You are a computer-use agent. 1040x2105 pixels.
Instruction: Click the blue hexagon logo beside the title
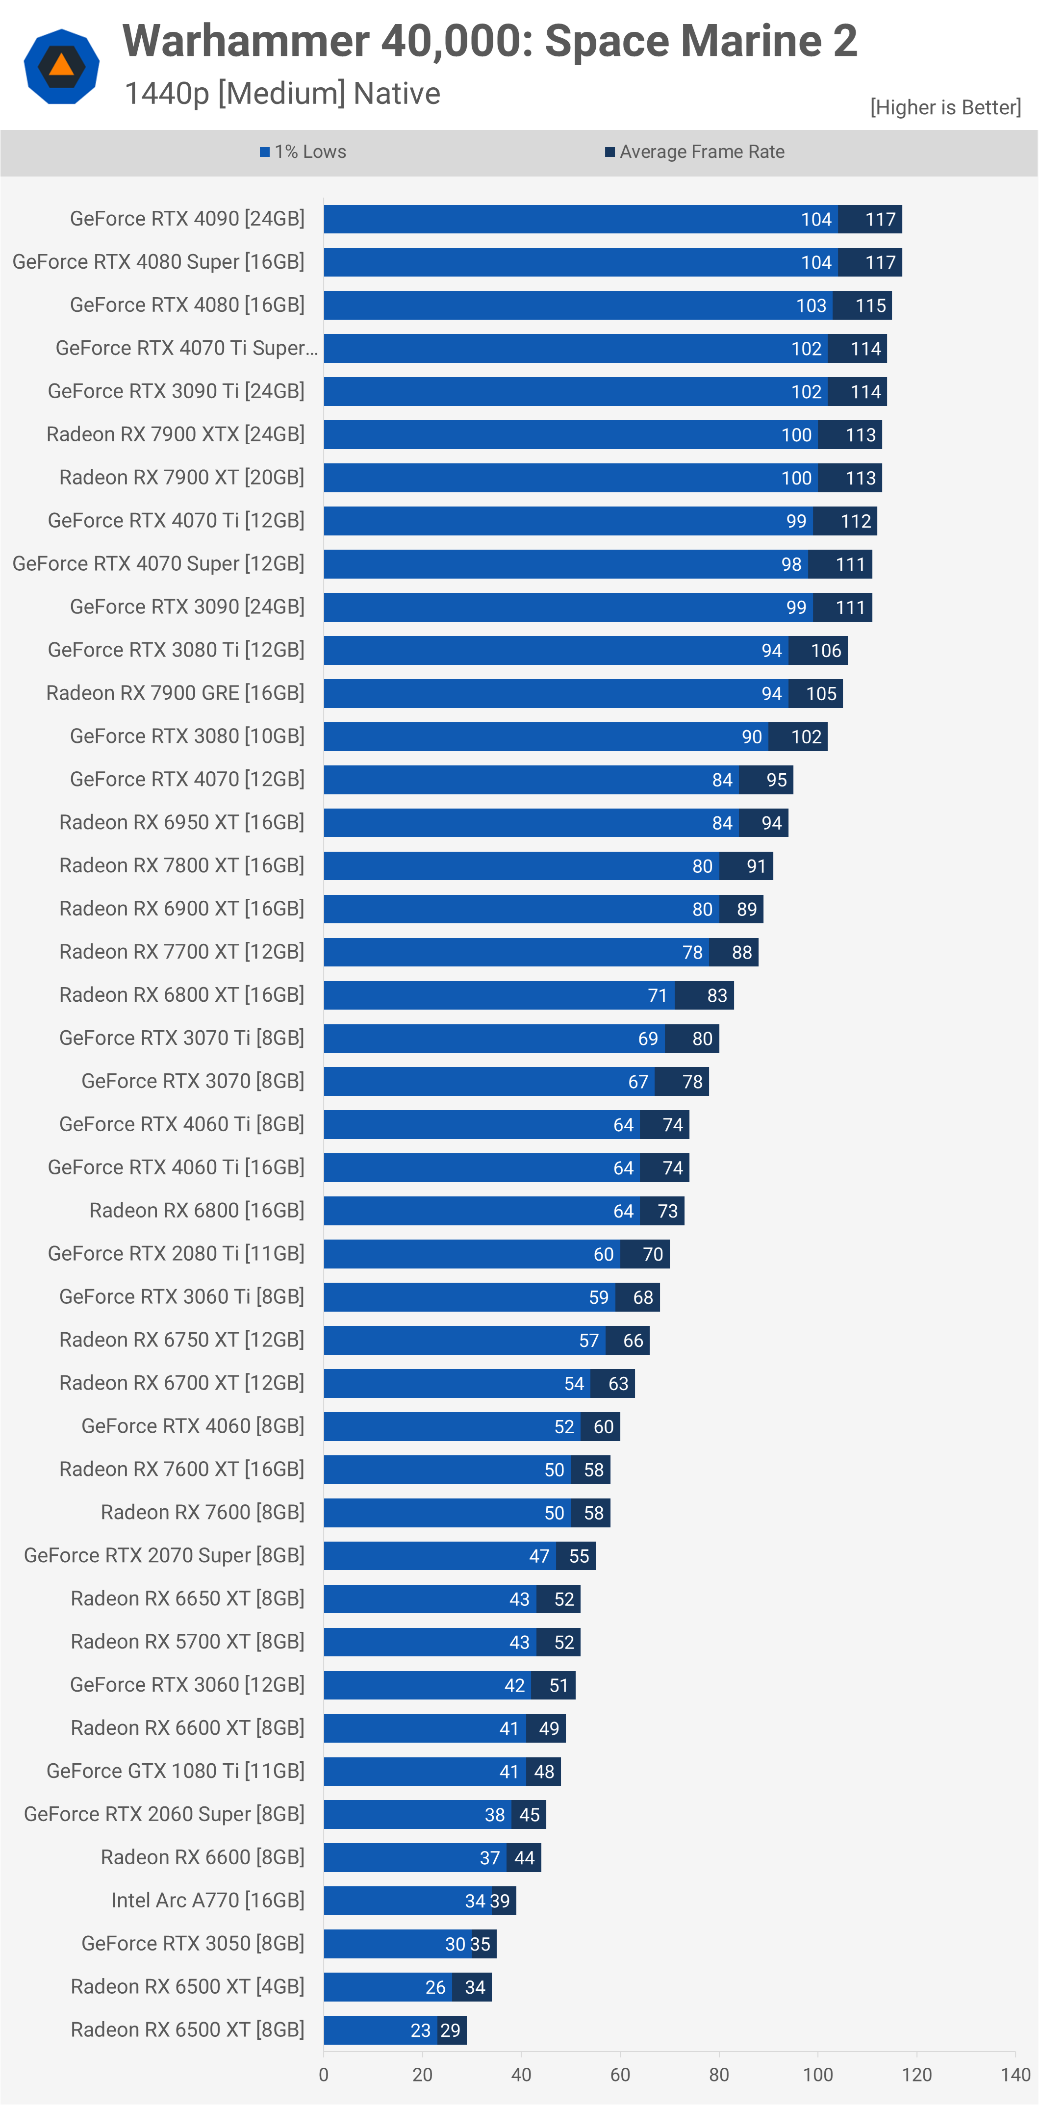[61, 66]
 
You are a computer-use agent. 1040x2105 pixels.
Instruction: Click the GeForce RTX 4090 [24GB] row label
[187, 219]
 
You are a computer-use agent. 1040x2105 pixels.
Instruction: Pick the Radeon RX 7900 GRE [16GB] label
[175, 693]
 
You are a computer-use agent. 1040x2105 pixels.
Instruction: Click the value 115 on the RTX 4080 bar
[870, 305]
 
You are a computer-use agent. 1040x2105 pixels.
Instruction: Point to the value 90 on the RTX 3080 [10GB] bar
[752, 737]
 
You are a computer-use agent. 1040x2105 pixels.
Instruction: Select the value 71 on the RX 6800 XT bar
[658, 995]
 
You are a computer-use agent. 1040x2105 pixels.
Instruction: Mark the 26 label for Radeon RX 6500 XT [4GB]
[435, 1987]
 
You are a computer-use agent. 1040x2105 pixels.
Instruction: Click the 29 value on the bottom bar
[450, 2030]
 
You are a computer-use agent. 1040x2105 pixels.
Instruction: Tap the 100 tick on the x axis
[818, 2075]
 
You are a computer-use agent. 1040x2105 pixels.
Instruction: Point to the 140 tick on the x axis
[1015, 2075]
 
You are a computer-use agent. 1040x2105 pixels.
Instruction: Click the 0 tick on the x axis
[324, 2075]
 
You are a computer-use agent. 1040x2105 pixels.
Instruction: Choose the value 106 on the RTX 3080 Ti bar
[826, 651]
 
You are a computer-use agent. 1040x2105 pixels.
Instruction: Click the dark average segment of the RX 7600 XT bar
[591, 1470]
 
